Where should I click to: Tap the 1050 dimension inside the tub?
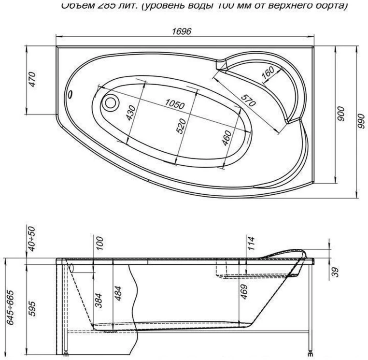point(175,104)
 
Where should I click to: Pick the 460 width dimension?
point(226,138)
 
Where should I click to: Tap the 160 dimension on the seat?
point(267,72)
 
